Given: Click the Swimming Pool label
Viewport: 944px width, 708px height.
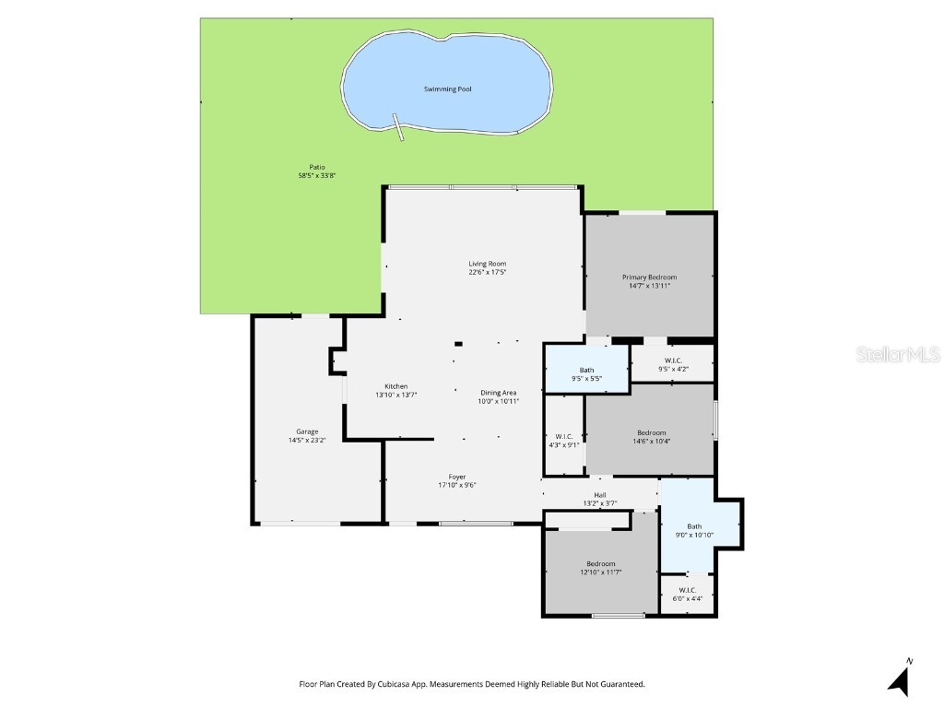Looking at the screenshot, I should [x=447, y=89].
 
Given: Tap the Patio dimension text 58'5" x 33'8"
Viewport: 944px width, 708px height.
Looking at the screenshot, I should [x=311, y=175].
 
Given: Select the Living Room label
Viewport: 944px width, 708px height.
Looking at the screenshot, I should [x=488, y=265].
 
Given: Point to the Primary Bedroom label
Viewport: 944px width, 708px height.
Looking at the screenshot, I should [x=649, y=277].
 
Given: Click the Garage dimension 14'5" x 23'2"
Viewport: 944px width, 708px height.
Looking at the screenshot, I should [x=307, y=441].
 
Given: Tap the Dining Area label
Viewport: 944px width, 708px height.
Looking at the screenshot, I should [x=498, y=393].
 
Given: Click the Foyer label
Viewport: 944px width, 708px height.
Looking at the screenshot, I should [x=457, y=477].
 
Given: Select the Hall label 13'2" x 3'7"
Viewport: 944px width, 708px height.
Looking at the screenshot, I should [x=599, y=499].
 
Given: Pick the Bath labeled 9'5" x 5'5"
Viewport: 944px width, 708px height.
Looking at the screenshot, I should [x=586, y=370].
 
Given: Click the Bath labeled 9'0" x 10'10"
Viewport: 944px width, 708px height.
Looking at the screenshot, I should [x=694, y=526].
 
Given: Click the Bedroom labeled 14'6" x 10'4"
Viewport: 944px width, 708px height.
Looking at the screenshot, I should [x=651, y=432].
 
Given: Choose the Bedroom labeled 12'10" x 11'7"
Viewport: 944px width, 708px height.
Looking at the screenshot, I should [x=600, y=563].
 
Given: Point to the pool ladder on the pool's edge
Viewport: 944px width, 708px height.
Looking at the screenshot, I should [x=399, y=127].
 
